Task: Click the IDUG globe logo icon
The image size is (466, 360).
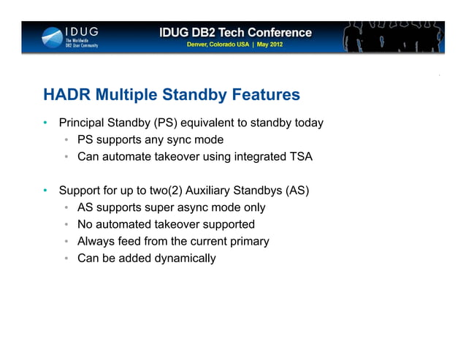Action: [x=52, y=37]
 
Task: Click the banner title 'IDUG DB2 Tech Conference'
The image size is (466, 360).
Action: [x=235, y=33]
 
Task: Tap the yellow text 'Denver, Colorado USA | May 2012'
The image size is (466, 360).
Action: [x=235, y=45]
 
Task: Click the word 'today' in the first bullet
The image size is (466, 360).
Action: [x=308, y=123]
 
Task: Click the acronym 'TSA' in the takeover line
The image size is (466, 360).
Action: [x=300, y=156]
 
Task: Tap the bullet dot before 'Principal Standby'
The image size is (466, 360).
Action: [x=45, y=123]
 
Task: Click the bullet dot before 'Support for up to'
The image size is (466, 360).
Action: [x=45, y=191]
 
